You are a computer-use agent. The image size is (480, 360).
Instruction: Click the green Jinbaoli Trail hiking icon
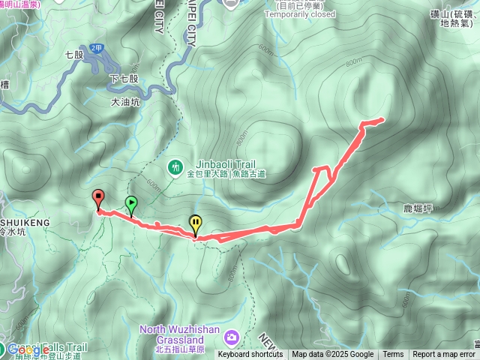click(x=175, y=166)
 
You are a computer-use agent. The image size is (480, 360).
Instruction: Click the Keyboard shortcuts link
click(x=250, y=355)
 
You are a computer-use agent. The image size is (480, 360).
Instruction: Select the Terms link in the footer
click(x=393, y=355)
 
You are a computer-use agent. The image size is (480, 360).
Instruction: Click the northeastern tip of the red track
click(x=382, y=118)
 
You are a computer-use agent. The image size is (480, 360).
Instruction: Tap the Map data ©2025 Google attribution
click(x=332, y=355)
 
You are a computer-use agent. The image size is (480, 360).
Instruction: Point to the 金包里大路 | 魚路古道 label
click(x=226, y=174)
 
